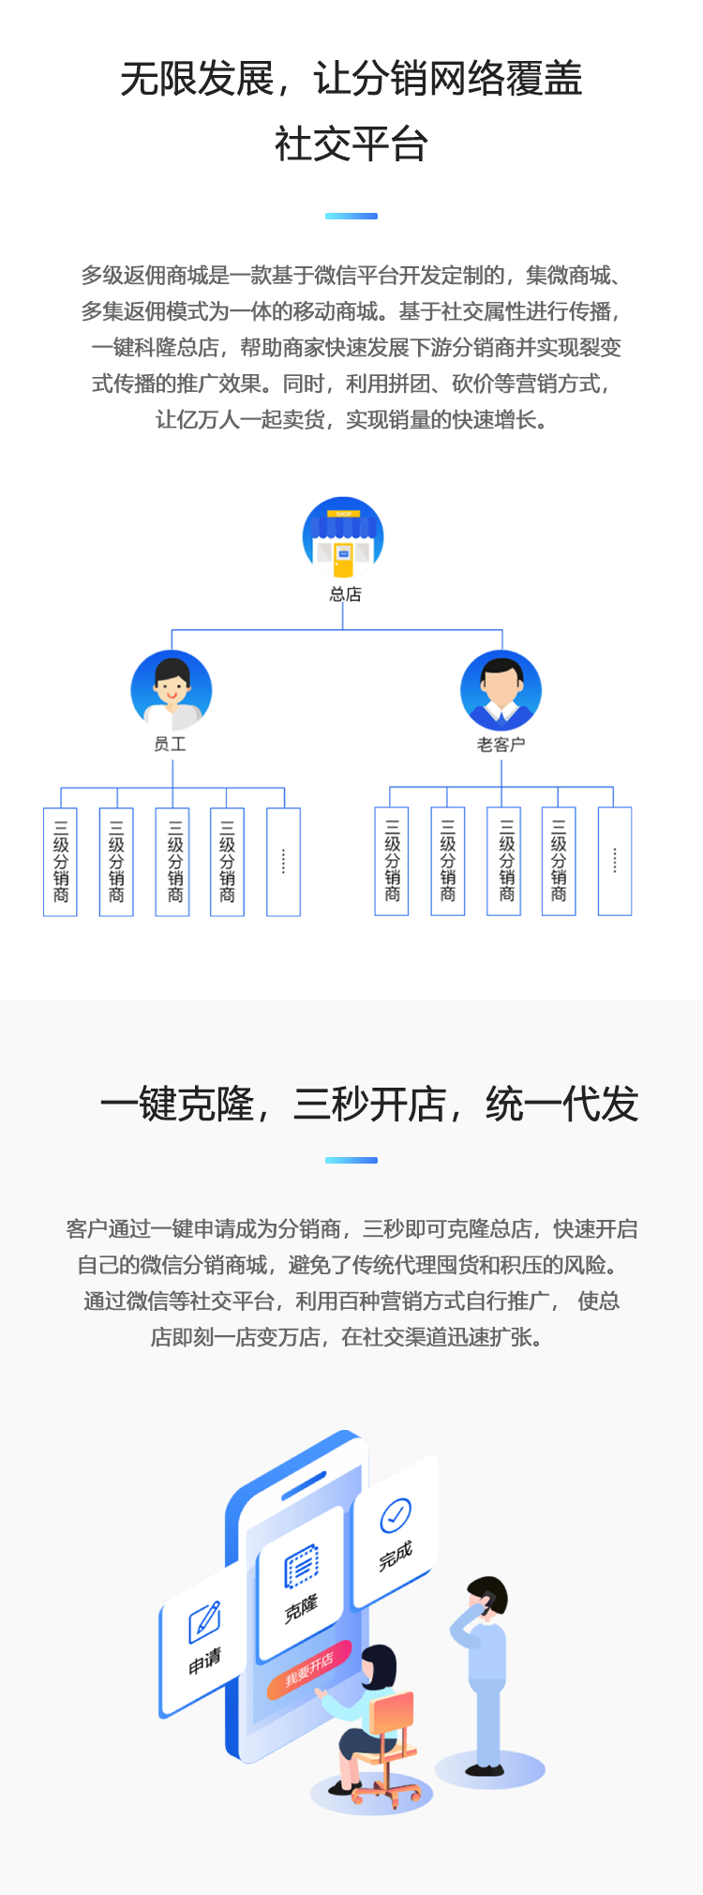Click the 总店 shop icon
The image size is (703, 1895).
point(343,538)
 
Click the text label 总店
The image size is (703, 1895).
point(345,594)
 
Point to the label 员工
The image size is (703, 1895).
point(171,744)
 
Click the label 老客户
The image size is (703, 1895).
point(501,744)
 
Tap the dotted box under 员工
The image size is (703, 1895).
point(283,862)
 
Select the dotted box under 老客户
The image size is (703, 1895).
point(615,861)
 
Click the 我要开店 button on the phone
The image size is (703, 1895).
point(309,1670)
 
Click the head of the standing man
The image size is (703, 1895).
point(488,1598)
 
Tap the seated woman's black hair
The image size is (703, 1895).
point(381,1665)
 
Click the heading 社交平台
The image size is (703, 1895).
point(351,144)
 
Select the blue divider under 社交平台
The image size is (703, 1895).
point(351,216)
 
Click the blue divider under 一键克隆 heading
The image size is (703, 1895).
point(351,1160)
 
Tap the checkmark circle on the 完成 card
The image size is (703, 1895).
point(395,1512)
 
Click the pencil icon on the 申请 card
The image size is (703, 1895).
point(204,1620)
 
